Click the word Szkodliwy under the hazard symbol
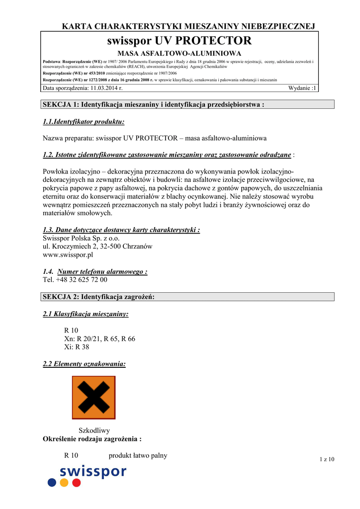(x=94, y=430)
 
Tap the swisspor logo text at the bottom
(x=93, y=471)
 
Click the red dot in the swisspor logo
(x=76, y=483)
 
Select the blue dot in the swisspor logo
(x=52, y=483)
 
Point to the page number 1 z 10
(x=327, y=459)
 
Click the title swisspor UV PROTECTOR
(x=179, y=41)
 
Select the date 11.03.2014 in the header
(x=106, y=88)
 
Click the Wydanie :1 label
(x=302, y=88)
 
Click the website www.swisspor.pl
(x=68, y=254)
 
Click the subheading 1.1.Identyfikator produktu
(x=84, y=121)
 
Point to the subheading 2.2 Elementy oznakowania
(x=85, y=364)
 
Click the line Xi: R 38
(x=77, y=347)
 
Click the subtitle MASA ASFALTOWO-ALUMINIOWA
(x=179, y=53)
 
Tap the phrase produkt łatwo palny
(x=138, y=455)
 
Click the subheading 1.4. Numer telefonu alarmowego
(x=95, y=271)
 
